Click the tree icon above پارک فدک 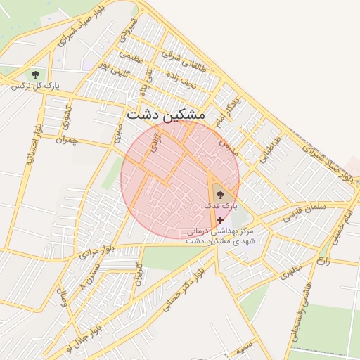pyautogui.click(x=221, y=194)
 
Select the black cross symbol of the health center pyautogui.click(x=221, y=220)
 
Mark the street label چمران pyautogui.click(x=64, y=140)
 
